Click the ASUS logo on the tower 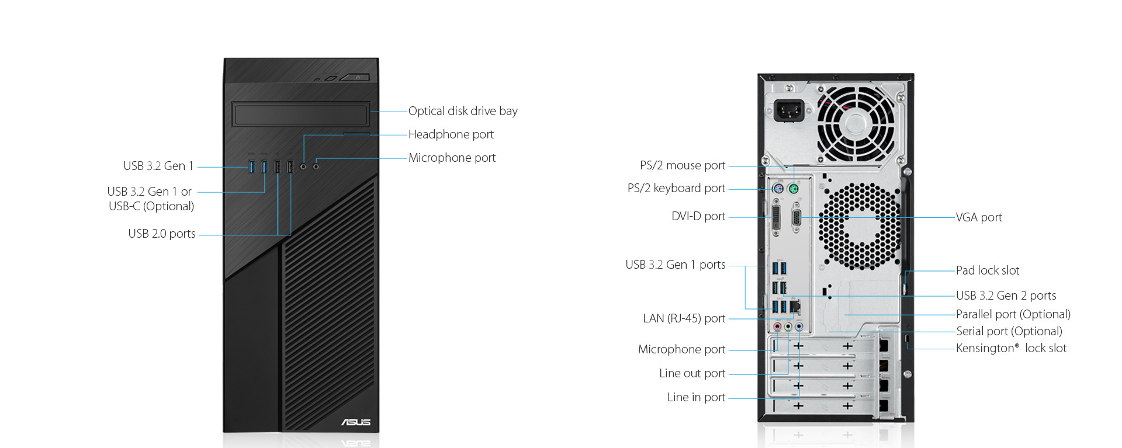click(356, 422)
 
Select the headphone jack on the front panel click(303, 166)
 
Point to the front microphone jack click(316, 166)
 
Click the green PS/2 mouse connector click(793, 189)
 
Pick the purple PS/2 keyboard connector click(777, 189)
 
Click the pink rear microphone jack click(777, 327)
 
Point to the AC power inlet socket click(789, 110)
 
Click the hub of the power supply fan click(856, 123)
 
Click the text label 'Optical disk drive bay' click(463, 111)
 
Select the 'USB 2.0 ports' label click(162, 234)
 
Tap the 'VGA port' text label click(979, 217)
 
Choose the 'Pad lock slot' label click(988, 270)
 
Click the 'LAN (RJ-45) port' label click(684, 318)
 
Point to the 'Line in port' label click(696, 397)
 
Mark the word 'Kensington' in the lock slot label click(985, 348)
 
